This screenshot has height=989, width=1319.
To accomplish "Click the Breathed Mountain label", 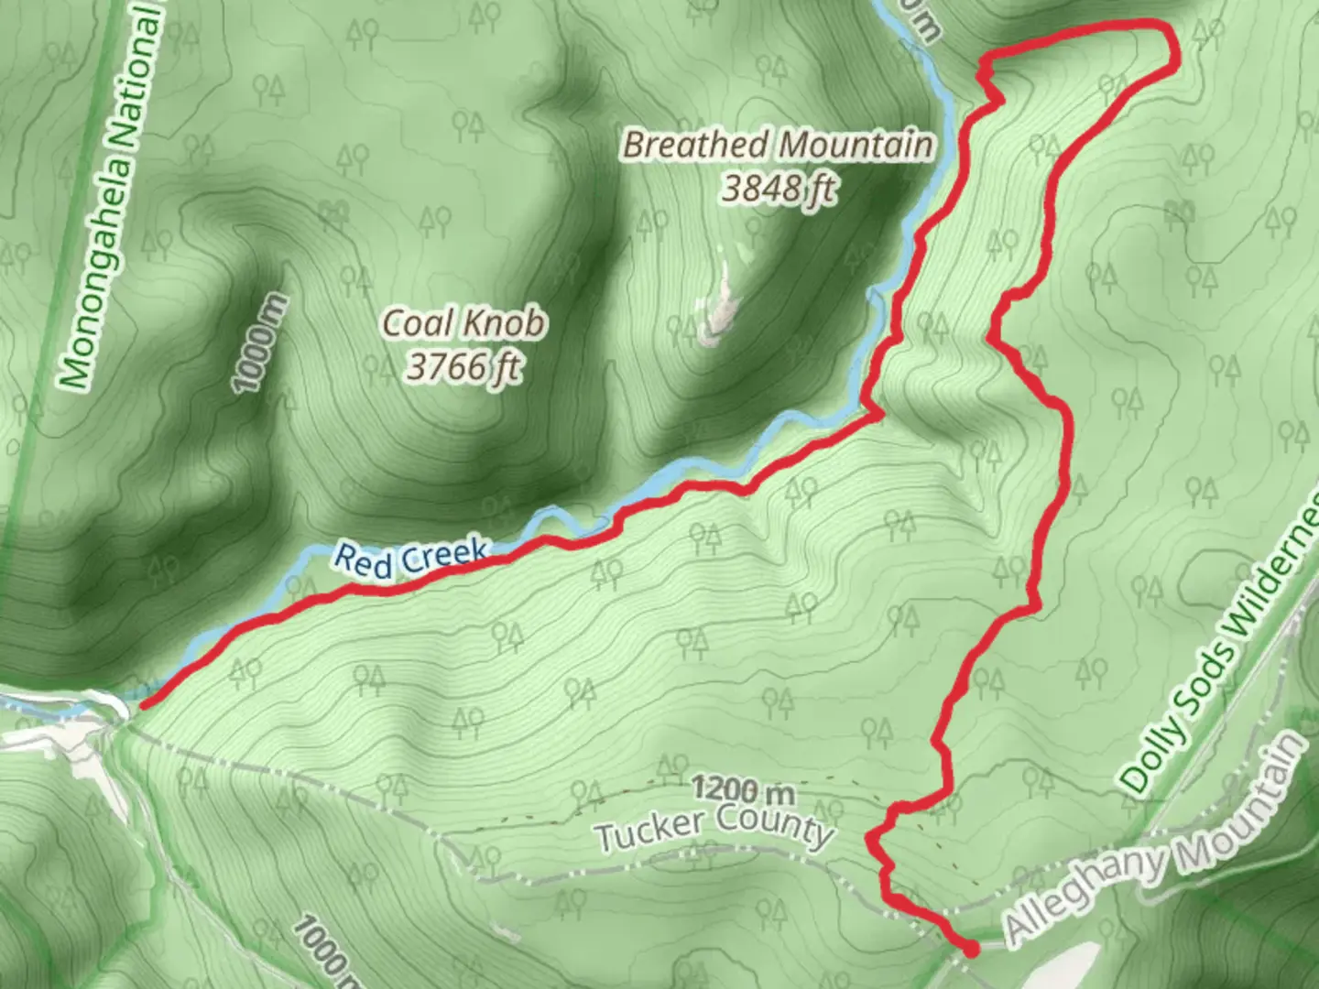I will [x=779, y=146].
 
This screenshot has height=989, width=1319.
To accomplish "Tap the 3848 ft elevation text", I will [x=779, y=189].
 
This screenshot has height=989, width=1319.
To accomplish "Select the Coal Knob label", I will [x=463, y=322].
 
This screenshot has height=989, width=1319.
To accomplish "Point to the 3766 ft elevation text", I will [x=463, y=366].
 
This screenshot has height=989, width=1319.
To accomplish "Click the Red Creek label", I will [x=411, y=558].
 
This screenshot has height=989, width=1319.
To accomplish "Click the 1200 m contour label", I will [x=743, y=788].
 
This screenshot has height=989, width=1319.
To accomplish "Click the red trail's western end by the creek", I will [x=144, y=704].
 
